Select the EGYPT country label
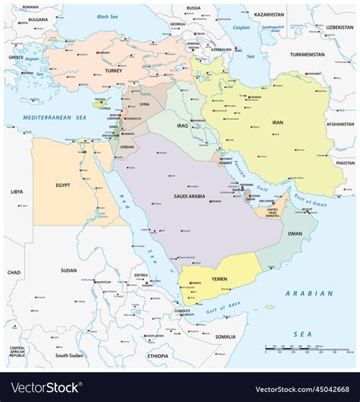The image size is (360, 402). (63, 185)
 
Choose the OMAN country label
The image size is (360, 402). (295, 233)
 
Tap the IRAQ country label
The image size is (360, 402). (182, 125)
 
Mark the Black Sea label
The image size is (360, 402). (110, 16)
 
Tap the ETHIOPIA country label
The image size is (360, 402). (158, 355)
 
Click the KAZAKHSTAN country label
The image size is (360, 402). (269, 14)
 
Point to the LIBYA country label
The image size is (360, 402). (16, 192)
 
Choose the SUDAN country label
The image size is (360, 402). (68, 270)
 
